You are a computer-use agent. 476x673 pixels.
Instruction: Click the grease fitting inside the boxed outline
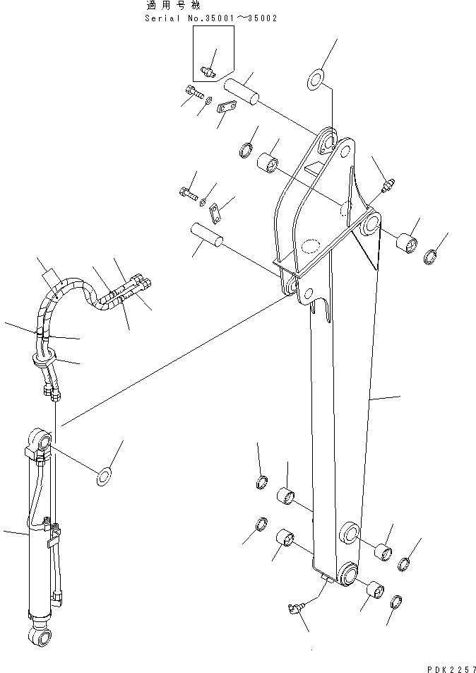[x=208, y=69]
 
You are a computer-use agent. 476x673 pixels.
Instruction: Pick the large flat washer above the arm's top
[x=317, y=81]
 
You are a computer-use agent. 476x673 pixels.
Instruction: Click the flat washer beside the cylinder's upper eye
[x=105, y=476]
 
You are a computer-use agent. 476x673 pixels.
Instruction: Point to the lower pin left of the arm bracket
[x=206, y=235]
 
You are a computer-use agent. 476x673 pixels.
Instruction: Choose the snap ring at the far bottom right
[x=397, y=602]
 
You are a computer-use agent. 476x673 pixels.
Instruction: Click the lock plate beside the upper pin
[x=225, y=107]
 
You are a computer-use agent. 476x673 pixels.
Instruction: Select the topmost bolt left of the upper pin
[x=193, y=91]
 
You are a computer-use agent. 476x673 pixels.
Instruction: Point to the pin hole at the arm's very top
[x=327, y=144]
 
